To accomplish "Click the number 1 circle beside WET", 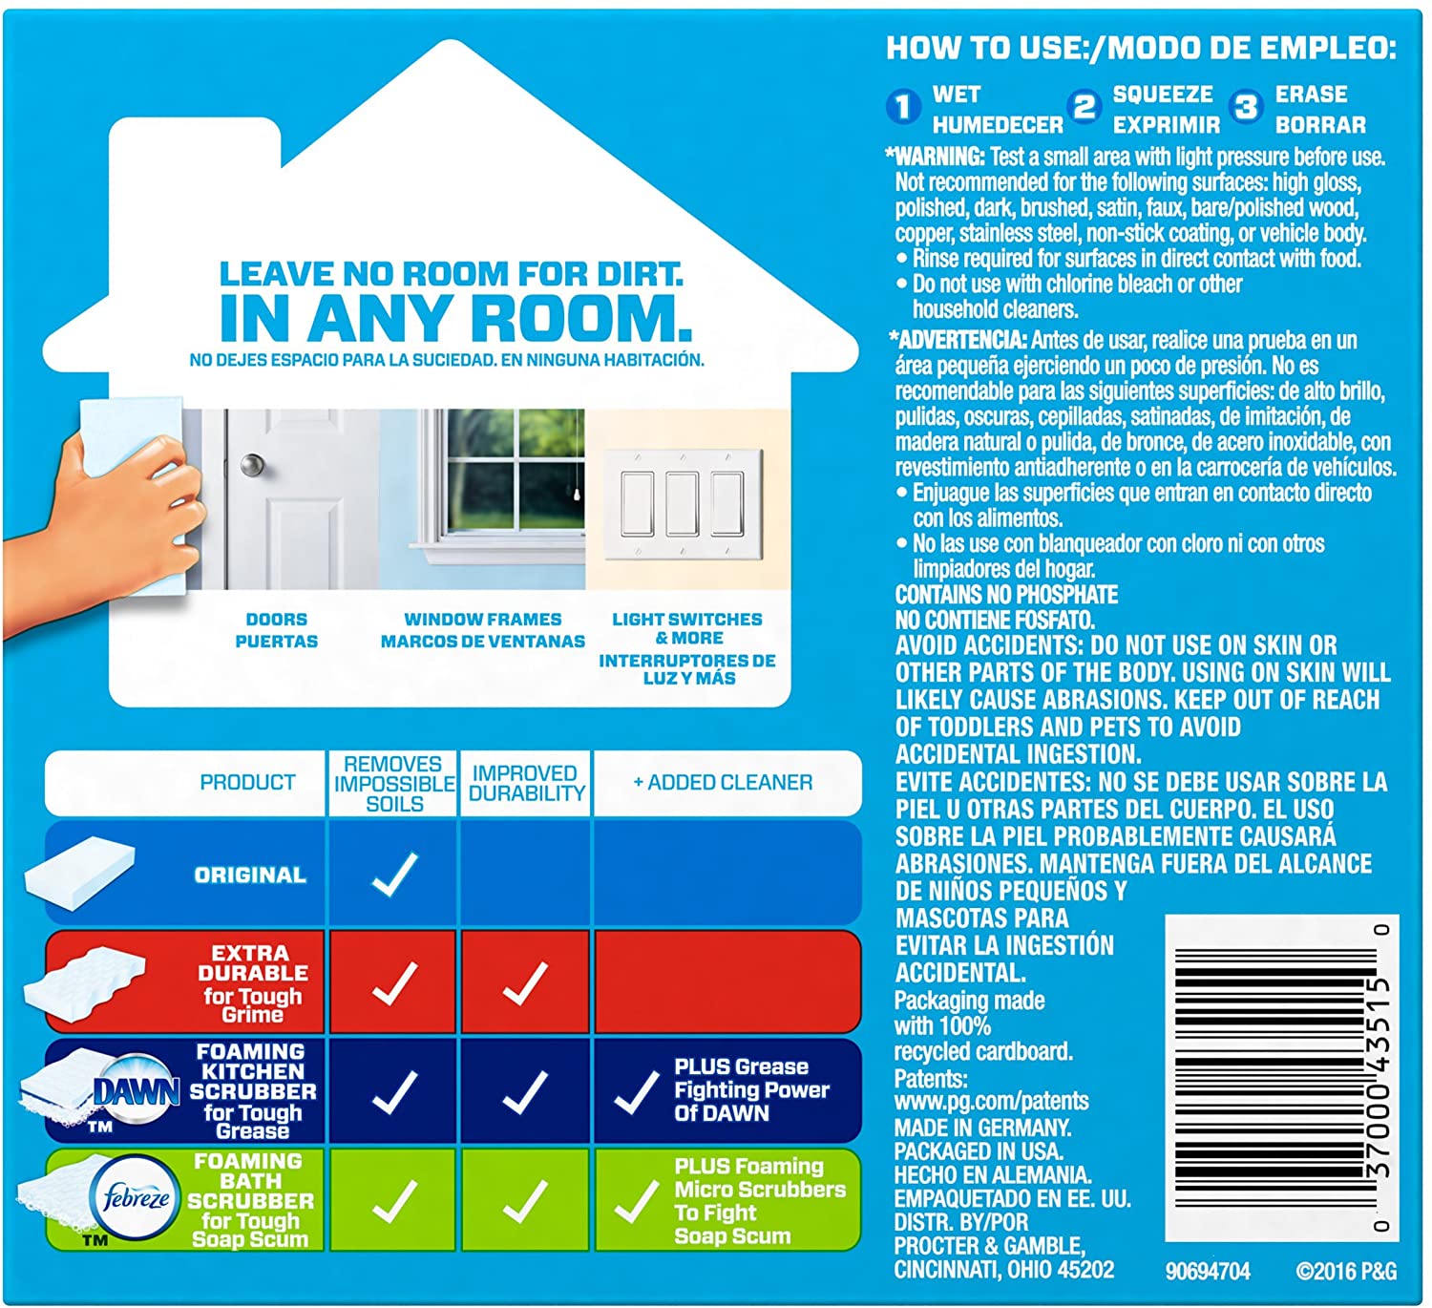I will coord(902,107).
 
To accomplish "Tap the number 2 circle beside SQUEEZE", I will coord(1085,107).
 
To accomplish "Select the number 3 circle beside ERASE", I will coord(1246,107).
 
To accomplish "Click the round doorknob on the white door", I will coord(252,466).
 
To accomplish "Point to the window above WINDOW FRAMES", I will coord(516,474).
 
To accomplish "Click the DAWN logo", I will coord(137,1091).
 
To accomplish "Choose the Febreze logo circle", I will coord(137,1198).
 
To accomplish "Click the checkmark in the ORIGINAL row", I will coord(393,875).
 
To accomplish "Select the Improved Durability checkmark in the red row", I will coord(525,983).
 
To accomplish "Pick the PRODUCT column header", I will coord(247,783).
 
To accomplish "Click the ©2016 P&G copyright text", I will coord(1346,1272).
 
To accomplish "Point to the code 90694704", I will coord(1208,1272).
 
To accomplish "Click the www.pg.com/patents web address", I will coord(991,1102).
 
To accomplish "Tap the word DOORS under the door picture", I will coord(276,620).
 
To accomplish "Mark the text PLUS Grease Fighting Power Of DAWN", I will coord(751,1089).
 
